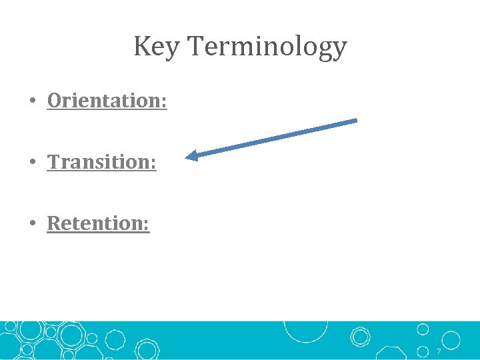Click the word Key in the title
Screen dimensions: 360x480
157,47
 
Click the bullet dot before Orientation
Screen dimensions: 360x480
31,101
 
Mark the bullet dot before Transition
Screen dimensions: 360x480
31,163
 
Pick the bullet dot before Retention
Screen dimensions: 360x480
31,224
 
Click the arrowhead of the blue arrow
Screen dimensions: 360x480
190,157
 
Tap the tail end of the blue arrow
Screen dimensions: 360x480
356,121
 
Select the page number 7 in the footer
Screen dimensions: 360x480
439,351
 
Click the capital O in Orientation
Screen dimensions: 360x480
55,101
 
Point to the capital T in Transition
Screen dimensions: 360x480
54,162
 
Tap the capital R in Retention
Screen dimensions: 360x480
54,223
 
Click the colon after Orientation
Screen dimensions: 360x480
164,102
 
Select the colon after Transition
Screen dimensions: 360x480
153,163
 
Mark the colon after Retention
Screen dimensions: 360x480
147,225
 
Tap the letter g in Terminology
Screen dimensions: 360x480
325,50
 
